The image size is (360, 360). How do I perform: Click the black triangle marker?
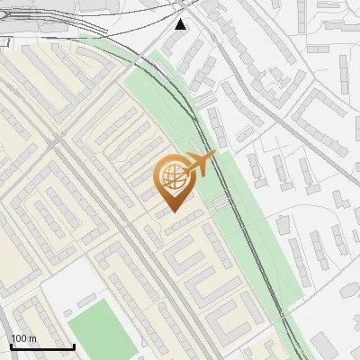pyautogui.click(x=181, y=24)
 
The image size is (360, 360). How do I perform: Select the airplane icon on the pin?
pyautogui.click(x=201, y=165)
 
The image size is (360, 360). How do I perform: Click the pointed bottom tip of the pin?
pyautogui.click(x=173, y=211)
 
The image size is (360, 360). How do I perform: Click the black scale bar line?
pyautogui.click(x=41, y=346)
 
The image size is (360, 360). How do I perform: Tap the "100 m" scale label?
pyautogui.click(x=23, y=338)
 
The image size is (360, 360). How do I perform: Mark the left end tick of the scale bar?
pyautogui.click(x=10, y=345)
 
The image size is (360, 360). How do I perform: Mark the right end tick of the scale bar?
pyautogui.click(x=74, y=345)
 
